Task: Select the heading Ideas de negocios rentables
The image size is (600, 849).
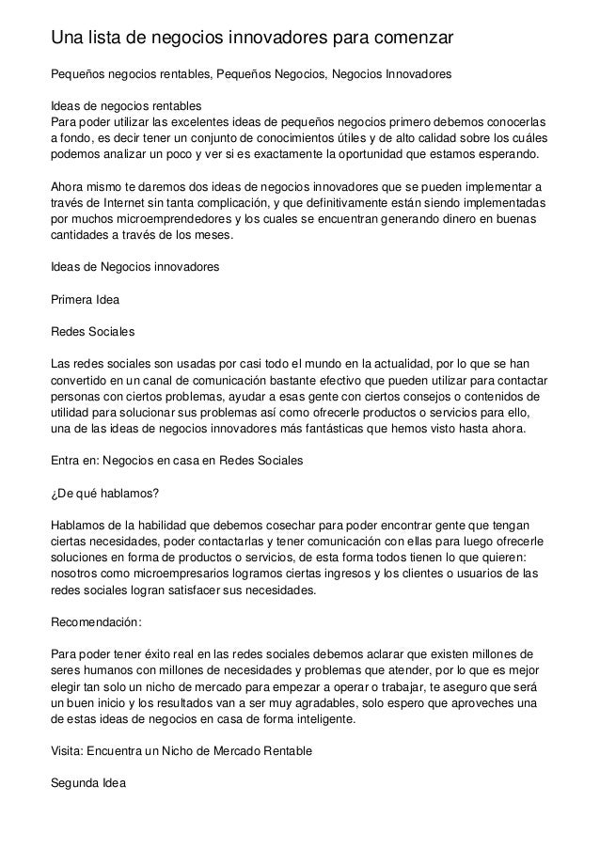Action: click(124, 105)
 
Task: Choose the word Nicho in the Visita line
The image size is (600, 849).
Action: click(189, 750)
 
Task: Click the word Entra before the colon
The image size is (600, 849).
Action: click(65, 461)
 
